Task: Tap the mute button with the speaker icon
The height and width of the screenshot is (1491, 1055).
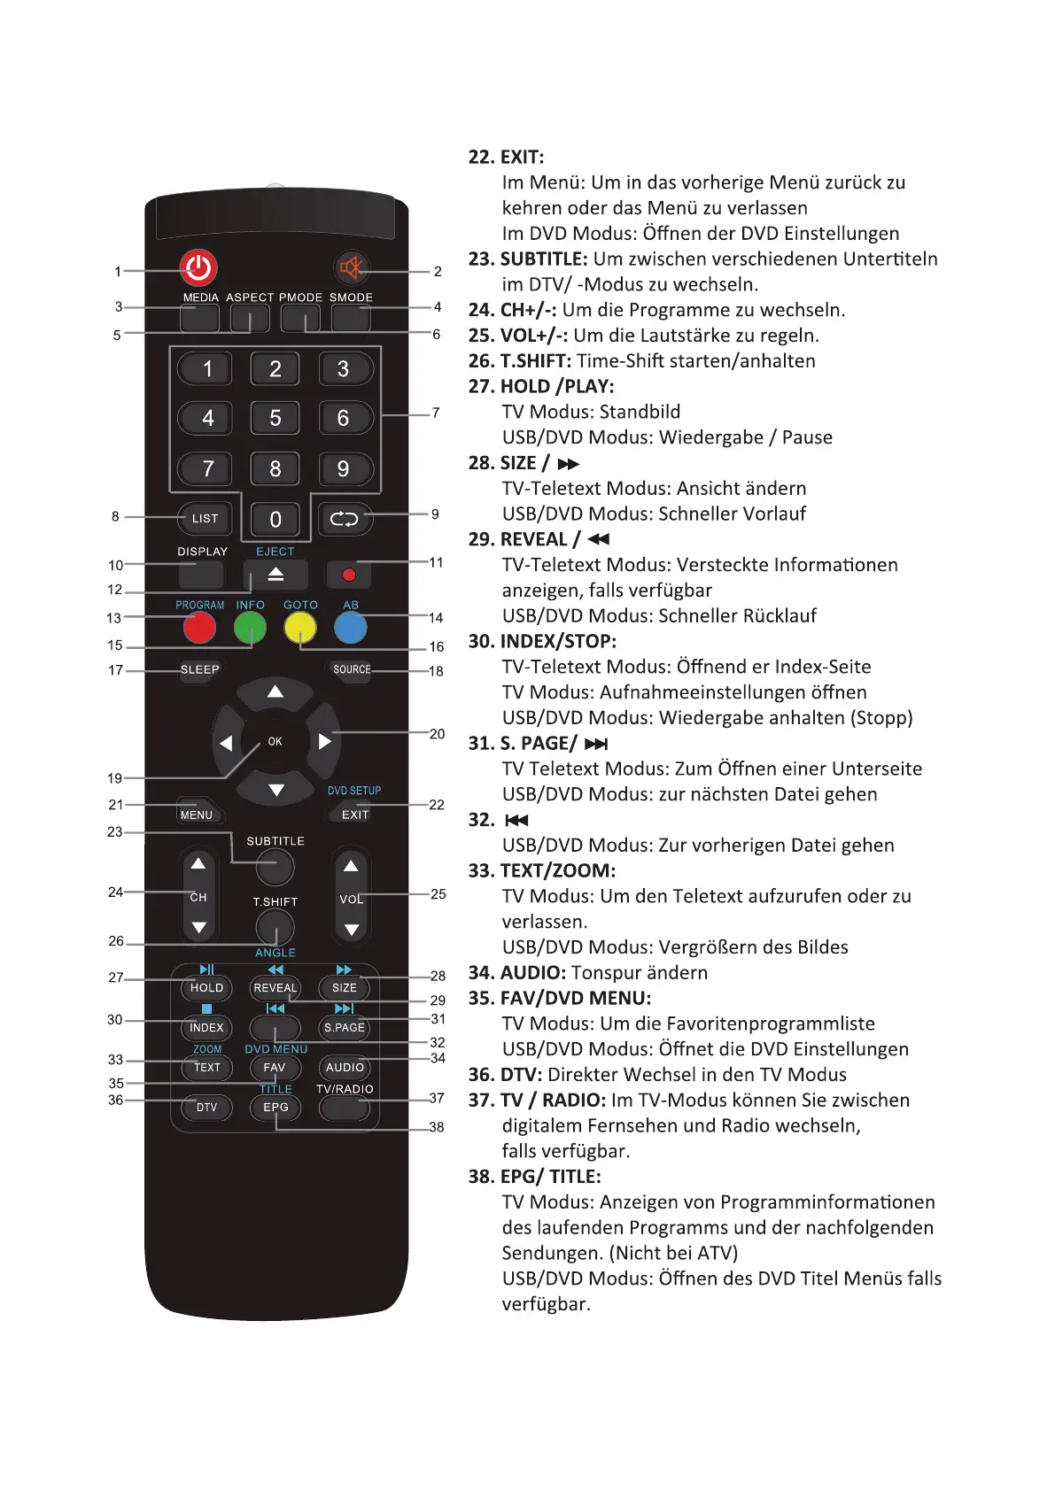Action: (352, 267)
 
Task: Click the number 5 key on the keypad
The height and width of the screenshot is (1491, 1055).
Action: (275, 418)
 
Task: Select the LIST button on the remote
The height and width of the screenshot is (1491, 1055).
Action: (205, 519)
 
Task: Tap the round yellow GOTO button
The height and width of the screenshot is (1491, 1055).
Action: (300, 628)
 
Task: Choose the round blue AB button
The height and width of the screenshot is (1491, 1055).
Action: (351, 628)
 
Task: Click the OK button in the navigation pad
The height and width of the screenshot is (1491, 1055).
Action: (275, 742)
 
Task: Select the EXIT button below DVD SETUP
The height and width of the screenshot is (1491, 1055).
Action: (355, 815)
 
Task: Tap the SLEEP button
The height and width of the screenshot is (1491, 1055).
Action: (199, 670)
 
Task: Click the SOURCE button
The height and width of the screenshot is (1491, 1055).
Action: (352, 670)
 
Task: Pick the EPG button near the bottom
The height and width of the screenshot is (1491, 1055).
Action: (275, 1108)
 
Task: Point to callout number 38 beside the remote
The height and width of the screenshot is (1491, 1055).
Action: (437, 1127)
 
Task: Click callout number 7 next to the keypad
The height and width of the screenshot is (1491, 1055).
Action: (436, 413)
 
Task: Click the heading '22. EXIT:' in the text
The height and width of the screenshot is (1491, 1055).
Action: (506, 158)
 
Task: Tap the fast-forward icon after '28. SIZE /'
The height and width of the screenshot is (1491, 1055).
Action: (568, 464)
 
